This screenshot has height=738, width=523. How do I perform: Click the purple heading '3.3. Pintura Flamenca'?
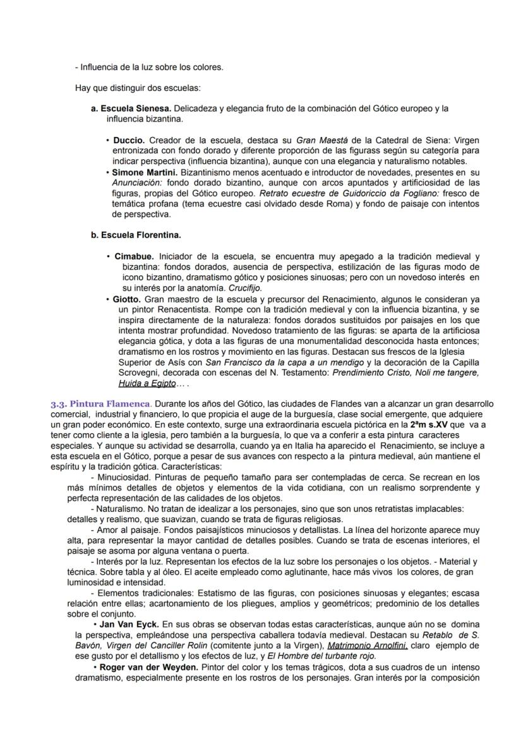point(101,403)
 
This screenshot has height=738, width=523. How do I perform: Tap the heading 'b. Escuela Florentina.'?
point(136,235)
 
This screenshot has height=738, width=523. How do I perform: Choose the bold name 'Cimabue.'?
point(134,257)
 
